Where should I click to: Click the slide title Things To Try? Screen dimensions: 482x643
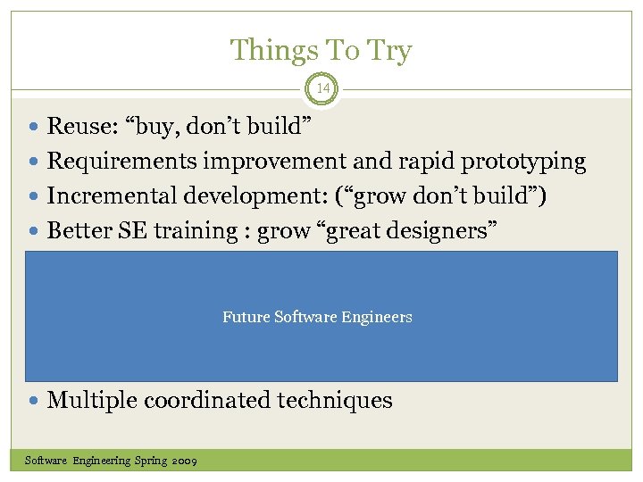coord(321,50)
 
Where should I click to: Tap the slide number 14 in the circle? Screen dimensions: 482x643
coord(321,88)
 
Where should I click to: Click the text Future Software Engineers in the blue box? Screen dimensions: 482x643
coord(317,317)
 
